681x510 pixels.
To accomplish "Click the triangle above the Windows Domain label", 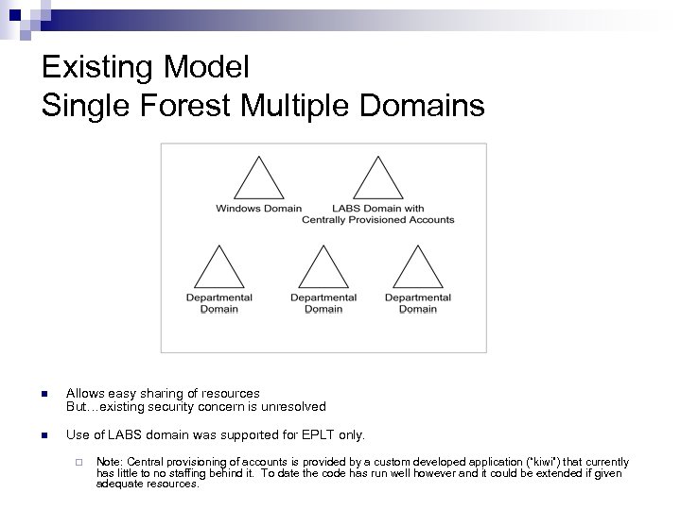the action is (258, 179).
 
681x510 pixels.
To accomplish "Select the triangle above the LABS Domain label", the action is (378, 179).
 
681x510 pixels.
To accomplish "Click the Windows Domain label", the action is (258, 209).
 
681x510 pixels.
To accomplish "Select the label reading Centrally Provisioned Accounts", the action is (378, 220).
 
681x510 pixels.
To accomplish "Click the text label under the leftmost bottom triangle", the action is (218, 303).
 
